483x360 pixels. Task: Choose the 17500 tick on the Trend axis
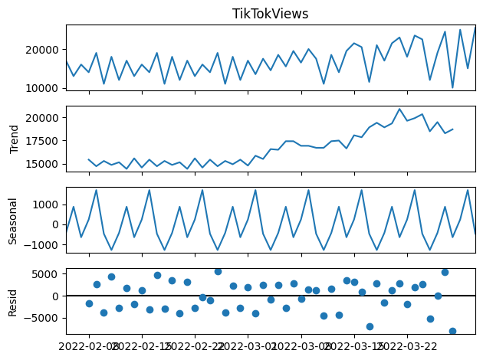click(45, 141)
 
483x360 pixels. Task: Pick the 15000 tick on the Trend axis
click(45, 164)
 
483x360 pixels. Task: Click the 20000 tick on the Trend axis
click(45, 118)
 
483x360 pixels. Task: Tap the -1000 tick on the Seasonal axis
click(46, 245)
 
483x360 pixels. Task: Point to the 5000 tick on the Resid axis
click(48, 273)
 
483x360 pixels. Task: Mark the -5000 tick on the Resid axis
click(45, 318)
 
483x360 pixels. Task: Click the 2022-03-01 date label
click(248, 345)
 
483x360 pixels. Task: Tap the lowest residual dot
click(452, 331)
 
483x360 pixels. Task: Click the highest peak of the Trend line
click(399, 109)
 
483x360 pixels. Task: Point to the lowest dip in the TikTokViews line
click(452, 88)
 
